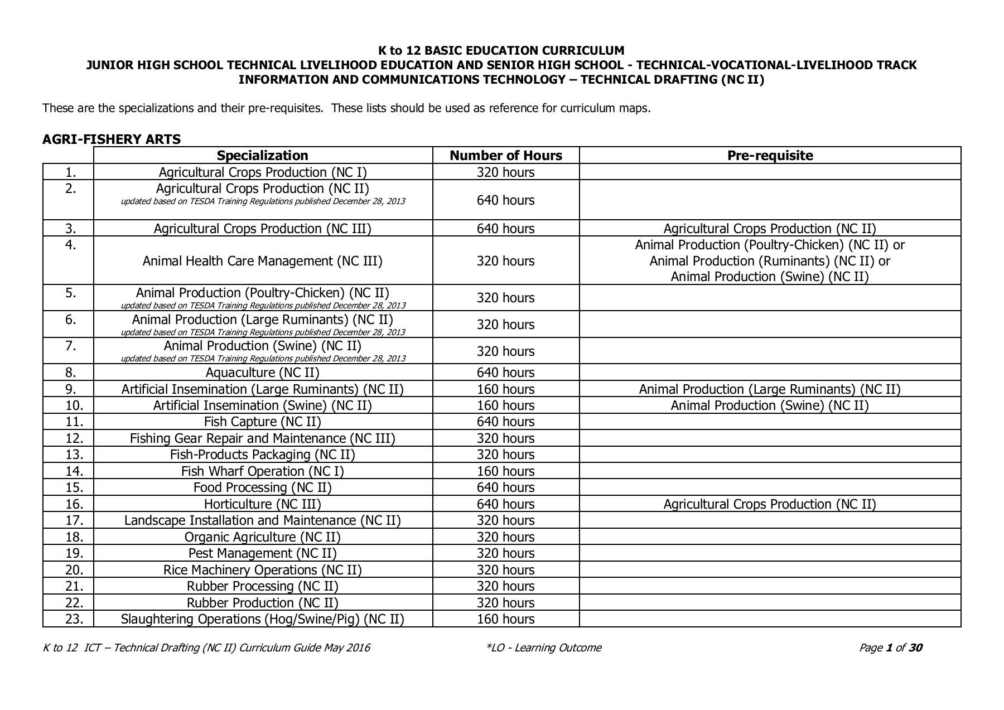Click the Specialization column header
tap(262, 156)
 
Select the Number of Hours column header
tap(506, 156)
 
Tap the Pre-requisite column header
tap(770, 156)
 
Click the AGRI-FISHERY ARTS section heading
tap(112, 139)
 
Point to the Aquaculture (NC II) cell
tap(262, 373)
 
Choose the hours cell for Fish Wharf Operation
tap(505, 471)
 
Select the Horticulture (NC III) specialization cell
tap(262, 504)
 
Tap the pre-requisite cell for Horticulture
tap(770, 504)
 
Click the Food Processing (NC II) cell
tap(262, 487)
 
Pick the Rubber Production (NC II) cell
tap(262, 603)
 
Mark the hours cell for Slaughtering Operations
tap(505, 619)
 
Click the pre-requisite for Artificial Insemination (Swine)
tap(770, 405)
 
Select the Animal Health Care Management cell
tap(262, 261)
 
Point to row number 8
tap(71, 373)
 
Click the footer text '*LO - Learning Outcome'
tap(544, 648)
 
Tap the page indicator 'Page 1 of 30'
tap(890, 648)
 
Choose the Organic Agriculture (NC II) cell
tap(262, 537)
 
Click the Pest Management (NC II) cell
tap(262, 553)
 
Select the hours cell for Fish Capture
tap(505, 422)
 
